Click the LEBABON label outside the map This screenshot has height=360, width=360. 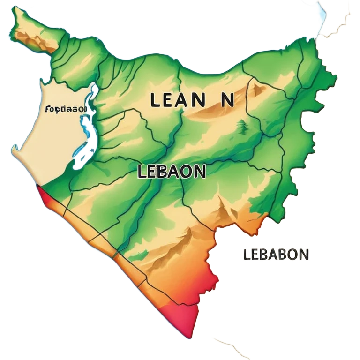point(276,255)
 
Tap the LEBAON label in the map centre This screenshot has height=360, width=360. point(172,172)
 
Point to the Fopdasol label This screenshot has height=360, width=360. point(66,109)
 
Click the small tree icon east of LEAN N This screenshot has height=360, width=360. point(242,125)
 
